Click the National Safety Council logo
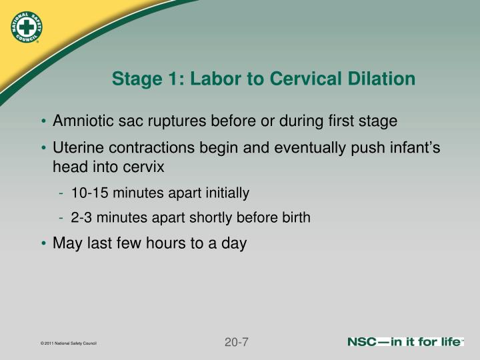26,27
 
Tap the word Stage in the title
137,79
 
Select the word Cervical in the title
305,79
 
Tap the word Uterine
78,147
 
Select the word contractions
151,147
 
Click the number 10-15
90,193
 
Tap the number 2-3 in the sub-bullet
81,217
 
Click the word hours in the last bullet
165,243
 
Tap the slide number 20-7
236,342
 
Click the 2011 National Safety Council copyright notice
69,343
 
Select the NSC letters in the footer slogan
361,341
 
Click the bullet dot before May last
43,243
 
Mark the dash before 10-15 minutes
61,193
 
